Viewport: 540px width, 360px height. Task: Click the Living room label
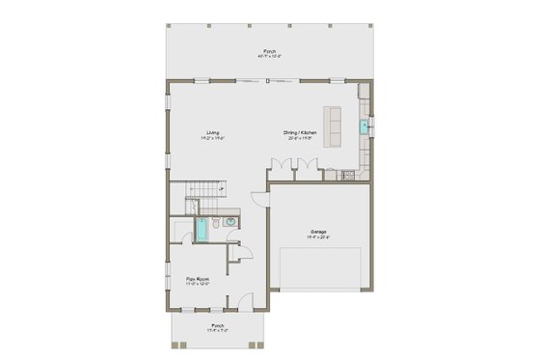[212, 132]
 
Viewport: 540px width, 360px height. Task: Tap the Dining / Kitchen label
[300, 132]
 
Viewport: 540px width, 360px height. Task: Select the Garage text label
[318, 232]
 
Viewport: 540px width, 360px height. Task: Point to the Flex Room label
[198, 279]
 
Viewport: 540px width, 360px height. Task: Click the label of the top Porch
[269, 50]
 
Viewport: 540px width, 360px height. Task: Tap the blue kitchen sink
[364, 125]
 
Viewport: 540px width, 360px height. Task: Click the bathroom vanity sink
[230, 221]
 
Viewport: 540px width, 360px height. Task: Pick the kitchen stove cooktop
[347, 175]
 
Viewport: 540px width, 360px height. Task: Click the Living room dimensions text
[212, 138]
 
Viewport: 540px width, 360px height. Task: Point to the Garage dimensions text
[318, 237]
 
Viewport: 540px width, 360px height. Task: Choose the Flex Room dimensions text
[198, 285]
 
